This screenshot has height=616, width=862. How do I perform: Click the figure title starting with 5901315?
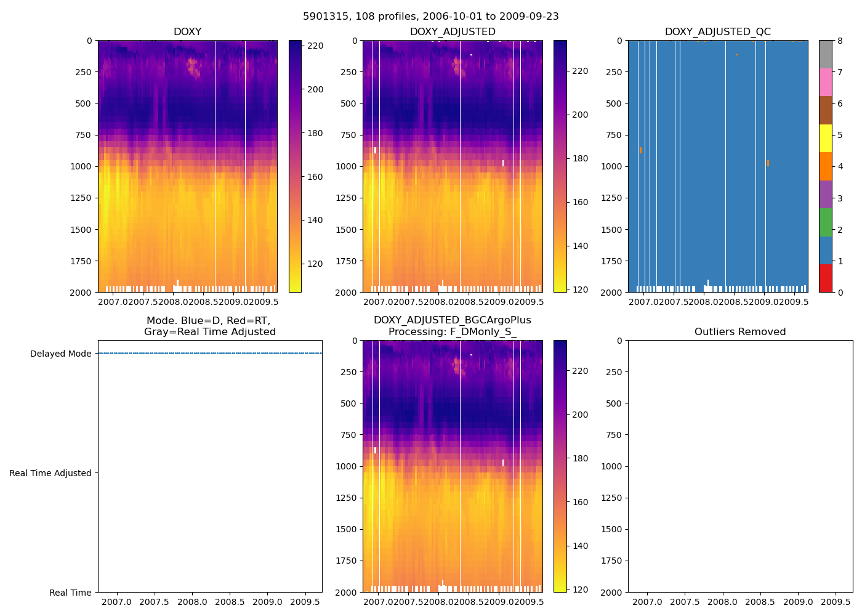pos(430,17)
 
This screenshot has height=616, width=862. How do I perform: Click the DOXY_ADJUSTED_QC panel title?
pos(717,32)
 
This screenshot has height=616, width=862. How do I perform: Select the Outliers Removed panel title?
pos(739,332)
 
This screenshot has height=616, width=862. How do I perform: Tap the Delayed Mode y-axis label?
pos(60,354)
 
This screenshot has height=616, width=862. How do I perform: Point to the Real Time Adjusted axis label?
pos(50,473)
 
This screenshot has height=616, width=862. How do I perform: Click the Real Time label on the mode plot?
pos(70,593)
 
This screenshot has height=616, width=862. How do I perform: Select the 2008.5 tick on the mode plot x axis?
pos(229,602)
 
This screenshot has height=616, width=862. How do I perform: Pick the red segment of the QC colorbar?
pos(825,278)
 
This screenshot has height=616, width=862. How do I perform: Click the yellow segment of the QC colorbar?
pos(825,138)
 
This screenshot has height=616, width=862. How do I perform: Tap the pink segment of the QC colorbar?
pos(825,82)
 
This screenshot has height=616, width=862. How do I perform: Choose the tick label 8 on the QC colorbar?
pos(839,41)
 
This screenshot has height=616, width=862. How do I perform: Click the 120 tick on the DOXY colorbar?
pos(315,264)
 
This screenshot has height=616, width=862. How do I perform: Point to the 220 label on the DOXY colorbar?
pos(315,46)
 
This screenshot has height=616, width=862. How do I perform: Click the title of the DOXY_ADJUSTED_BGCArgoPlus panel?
pos(452,326)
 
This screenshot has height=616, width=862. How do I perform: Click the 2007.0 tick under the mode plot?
pos(116,602)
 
